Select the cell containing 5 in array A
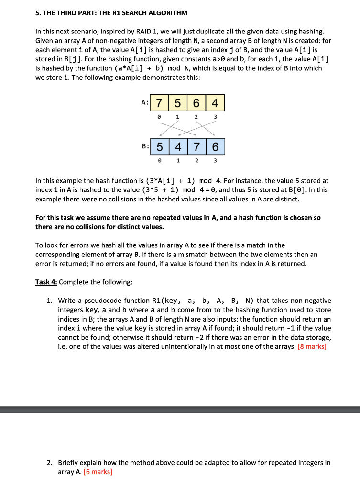tap(177, 103)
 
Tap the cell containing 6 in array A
tap(196, 103)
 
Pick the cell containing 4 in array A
tap(215, 103)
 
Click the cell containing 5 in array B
tap(159, 146)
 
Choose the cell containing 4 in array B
tap(178, 146)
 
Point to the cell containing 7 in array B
tap(196, 146)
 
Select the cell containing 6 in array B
tap(216, 146)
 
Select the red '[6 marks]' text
tap(98, 472)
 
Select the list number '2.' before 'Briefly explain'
tap(50, 463)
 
